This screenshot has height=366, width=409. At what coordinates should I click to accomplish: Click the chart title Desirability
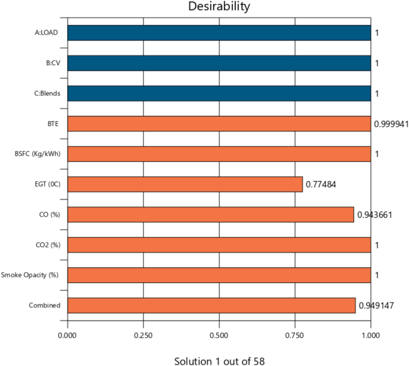pyautogui.click(x=219, y=7)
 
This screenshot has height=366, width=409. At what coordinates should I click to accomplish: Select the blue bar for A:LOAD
pyautogui.click(x=219, y=33)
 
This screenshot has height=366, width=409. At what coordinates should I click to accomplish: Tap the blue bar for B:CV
pyautogui.click(x=219, y=63)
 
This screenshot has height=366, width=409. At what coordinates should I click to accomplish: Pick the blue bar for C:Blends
pyautogui.click(x=219, y=94)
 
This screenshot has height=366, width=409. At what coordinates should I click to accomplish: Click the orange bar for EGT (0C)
pyautogui.click(x=185, y=184)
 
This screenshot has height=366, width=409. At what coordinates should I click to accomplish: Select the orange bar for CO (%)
pyautogui.click(x=211, y=214)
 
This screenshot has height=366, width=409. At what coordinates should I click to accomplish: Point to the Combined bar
pyautogui.click(x=211, y=305)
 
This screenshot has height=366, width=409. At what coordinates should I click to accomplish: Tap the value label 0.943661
pyautogui.click(x=376, y=214)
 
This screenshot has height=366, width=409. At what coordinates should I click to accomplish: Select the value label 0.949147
pyautogui.click(x=377, y=306)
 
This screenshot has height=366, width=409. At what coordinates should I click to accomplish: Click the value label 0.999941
pyautogui.click(x=392, y=124)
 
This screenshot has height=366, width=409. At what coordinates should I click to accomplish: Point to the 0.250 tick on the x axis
pyautogui.click(x=143, y=336)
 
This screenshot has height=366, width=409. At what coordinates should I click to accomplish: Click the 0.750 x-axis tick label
pyautogui.click(x=295, y=336)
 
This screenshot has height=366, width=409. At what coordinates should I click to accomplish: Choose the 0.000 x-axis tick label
pyautogui.click(x=67, y=336)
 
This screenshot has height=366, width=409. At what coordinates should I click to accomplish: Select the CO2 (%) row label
pyautogui.click(x=48, y=245)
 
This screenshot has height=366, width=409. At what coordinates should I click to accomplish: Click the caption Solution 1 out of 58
pyautogui.click(x=219, y=361)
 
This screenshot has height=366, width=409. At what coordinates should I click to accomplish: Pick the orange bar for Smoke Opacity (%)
pyautogui.click(x=219, y=275)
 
